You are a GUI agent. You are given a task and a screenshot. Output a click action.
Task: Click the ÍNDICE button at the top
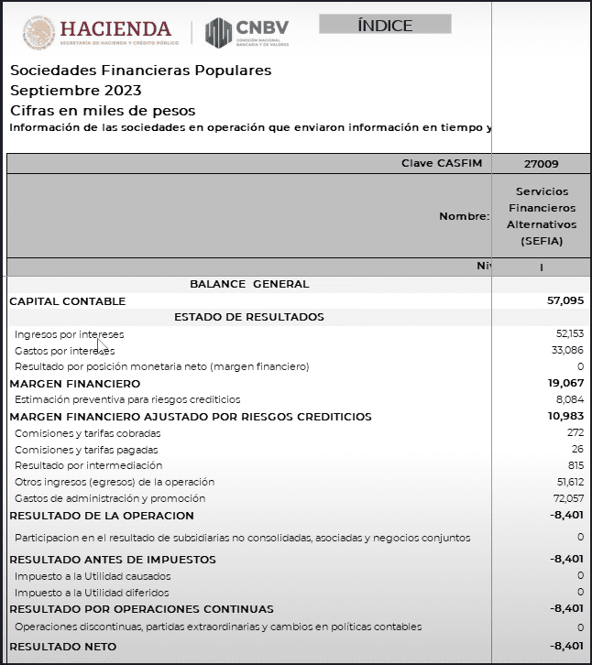(x=385, y=25)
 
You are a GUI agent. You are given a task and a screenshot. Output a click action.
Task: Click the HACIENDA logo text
(x=115, y=29)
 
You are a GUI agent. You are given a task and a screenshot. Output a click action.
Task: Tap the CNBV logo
(x=247, y=32)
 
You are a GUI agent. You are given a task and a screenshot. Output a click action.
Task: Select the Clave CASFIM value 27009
(x=542, y=164)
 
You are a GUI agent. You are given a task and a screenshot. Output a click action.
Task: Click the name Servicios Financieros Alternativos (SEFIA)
(x=542, y=216)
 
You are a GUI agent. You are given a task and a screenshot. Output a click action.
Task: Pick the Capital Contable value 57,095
(x=565, y=300)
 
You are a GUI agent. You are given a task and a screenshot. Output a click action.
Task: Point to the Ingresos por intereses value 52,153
(x=569, y=334)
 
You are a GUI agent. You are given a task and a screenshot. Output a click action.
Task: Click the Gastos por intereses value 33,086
(x=569, y=351)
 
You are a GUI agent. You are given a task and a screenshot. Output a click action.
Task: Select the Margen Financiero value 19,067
(x=566, y=384)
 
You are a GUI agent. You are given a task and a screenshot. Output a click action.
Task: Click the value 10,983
(x=566, y=417)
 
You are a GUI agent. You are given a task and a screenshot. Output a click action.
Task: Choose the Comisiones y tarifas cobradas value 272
(x=576, y=433)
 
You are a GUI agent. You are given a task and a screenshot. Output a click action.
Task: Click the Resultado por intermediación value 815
(x=576, y=465)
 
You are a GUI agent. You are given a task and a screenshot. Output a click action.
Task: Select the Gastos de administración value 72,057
(x=569, y=498)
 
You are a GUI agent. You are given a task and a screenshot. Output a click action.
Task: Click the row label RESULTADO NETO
(x=62, y=646)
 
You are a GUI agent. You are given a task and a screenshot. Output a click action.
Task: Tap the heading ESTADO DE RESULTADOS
(x=248, y=317)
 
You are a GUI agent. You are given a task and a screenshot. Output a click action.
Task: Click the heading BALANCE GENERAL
(x=249, y=284)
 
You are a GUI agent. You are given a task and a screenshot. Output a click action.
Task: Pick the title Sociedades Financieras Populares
(x=140, y=71)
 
